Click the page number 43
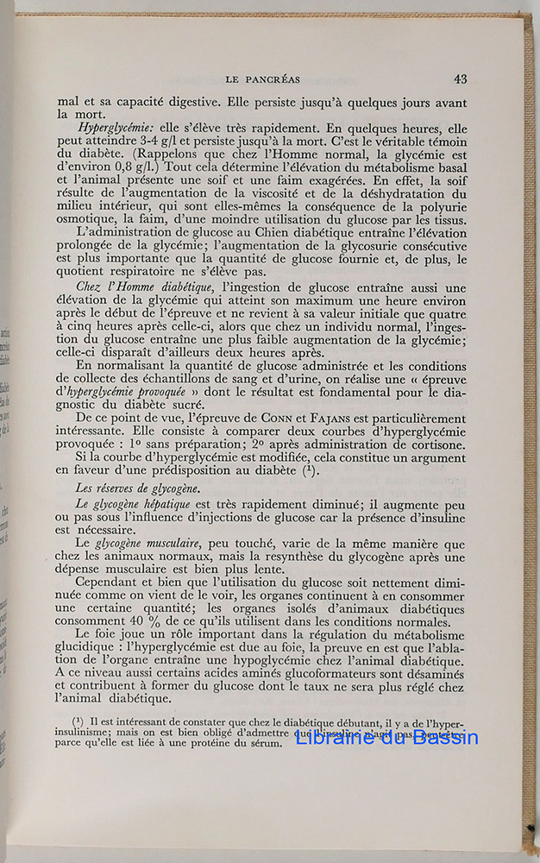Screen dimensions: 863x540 point(461,79)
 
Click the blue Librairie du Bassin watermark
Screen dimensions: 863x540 point(386,738)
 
